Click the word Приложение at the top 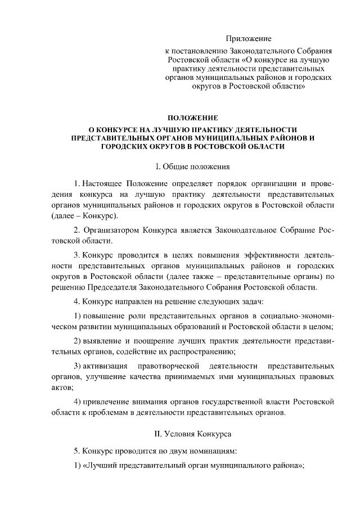tap(249, 39)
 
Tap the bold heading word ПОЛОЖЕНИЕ tap(193, 118)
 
